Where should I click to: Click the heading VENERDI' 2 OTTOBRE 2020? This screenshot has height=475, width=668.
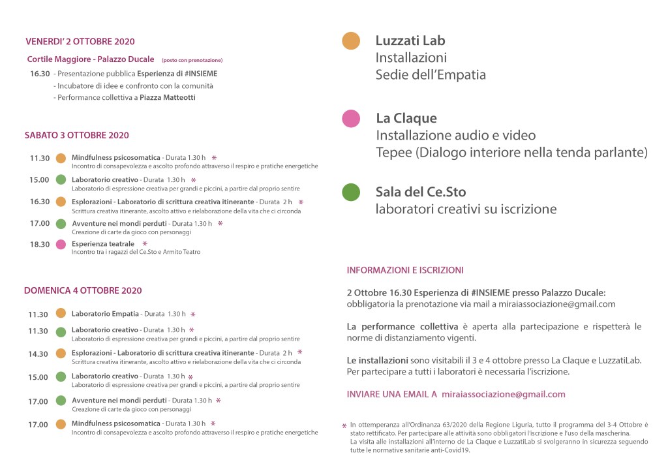tap(80, 42)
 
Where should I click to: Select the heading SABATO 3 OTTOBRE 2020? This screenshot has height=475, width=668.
tap(76, 136)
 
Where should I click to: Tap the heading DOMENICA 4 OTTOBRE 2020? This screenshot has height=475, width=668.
tap(83, 290)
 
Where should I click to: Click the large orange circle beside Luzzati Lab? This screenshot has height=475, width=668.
tap(351, 41)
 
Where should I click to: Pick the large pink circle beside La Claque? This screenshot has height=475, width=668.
tap(351, 118)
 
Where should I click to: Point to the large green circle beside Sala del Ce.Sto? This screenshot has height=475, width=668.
tap(351, 192)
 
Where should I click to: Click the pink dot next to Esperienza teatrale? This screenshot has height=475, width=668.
tap(61, 244)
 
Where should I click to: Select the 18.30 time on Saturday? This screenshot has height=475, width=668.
tap(39, 245)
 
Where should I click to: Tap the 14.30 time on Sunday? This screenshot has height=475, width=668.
tap(38, 354)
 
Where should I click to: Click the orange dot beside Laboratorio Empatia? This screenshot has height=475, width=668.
tap(61, 313)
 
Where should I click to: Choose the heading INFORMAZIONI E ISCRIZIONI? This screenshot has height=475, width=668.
tap(405, 270)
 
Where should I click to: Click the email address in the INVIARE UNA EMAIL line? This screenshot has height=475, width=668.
tap(503, 394)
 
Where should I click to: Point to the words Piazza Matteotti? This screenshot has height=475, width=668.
tap(168, 98)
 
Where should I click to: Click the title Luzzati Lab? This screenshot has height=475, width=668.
tap(410, 40)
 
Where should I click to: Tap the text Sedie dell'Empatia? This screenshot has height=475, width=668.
tap(431, 75)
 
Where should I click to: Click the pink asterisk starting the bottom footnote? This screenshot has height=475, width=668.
tap(344, 427)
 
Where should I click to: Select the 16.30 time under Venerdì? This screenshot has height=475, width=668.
tap(39, 74)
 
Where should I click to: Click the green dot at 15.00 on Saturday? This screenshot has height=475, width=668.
tap(61, 179)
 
